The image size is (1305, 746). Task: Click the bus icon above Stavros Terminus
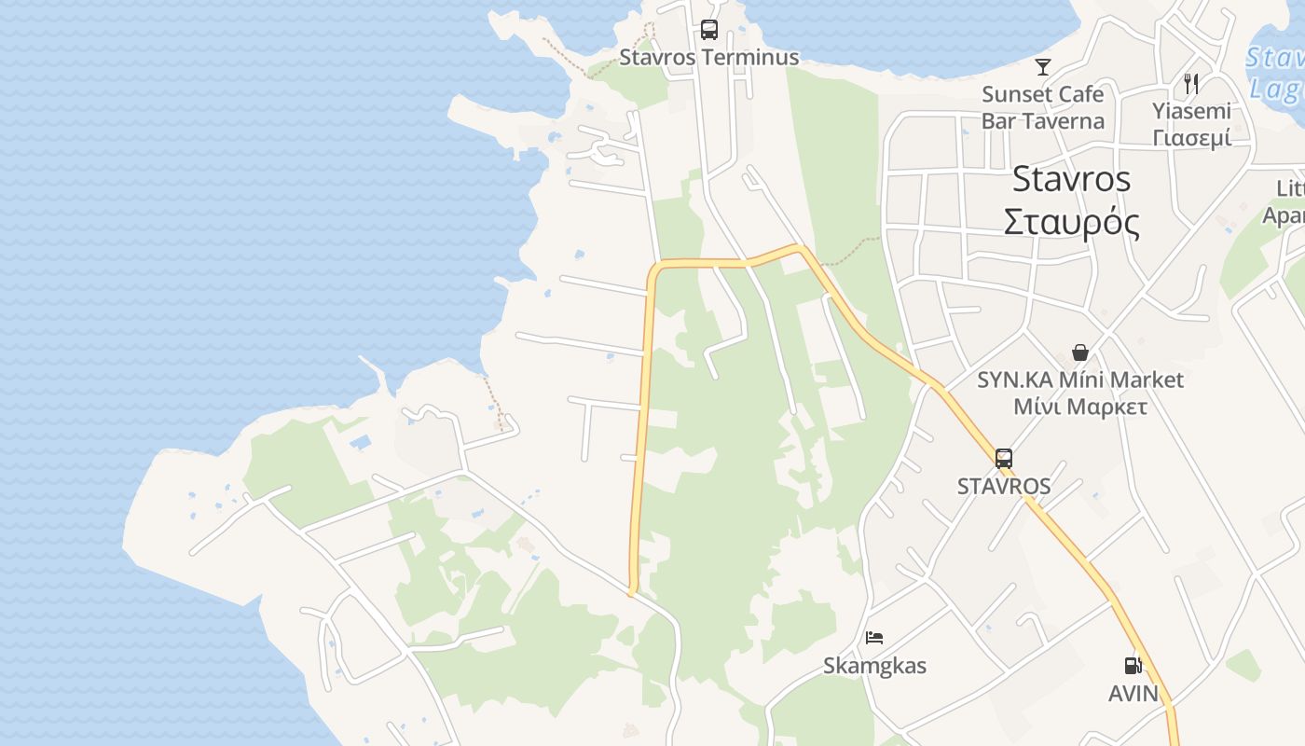(709, 29)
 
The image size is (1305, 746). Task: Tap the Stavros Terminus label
(709, 58)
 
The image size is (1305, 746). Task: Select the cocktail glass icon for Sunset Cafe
(1042, 67)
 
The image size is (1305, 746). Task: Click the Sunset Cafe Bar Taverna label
(1042, 107)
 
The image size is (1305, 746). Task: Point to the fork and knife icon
(1191, 84)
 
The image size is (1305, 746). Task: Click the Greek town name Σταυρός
(1071, 223)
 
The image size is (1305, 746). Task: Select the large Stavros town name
(1071, 178)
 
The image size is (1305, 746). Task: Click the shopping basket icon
(1079, 352)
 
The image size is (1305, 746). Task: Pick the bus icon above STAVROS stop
(1003, 459)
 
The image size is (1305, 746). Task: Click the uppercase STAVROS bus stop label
(1004, 486)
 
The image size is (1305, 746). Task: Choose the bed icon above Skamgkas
(874, 638)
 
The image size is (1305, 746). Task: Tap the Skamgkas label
(874, 666)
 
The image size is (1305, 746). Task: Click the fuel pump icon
(1133, 666)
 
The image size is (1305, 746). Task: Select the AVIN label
(1133, 694)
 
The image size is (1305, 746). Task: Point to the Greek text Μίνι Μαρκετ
(1079, 408)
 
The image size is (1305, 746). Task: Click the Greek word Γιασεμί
(1191, 138)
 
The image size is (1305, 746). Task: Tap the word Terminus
(749, 58)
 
